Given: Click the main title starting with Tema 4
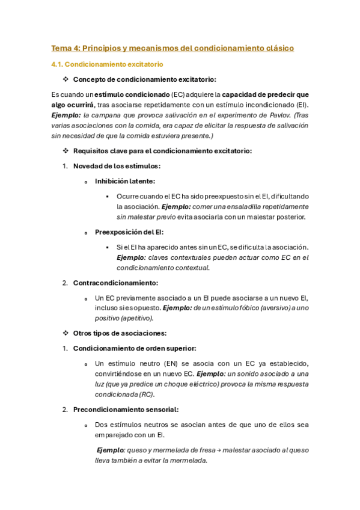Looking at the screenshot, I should click(x=172, y=48).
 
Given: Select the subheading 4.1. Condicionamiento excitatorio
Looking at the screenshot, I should click(x=107, y=64).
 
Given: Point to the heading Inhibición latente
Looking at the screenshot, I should click(x=124, y=181).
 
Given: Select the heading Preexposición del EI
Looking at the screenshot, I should click(x=129, y=232).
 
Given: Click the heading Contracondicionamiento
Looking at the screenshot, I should click(x=115, y=283).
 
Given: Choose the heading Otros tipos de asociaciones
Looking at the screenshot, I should click(x=120, y=333).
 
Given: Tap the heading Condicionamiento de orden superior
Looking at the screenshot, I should click(x=135, y=348).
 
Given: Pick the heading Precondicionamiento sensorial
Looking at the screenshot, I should click(x=126, y=410).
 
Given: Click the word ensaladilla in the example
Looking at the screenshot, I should click(x=240, y=206).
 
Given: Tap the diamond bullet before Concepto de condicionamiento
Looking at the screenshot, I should click(x=66, y=79).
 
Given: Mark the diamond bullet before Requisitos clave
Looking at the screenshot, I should click(x=66, y=151).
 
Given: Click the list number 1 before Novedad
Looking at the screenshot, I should click(x=65, y=166).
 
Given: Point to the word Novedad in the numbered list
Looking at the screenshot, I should click(x=88, y=166).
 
